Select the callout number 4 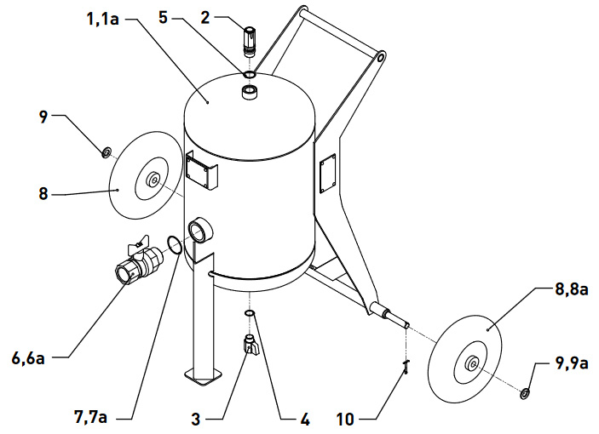[303, 419]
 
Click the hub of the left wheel [153, 180]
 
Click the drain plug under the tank [251, 345]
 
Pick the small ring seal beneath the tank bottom [251, 314]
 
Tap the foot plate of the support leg [200, 374]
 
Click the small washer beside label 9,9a [525, 393]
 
